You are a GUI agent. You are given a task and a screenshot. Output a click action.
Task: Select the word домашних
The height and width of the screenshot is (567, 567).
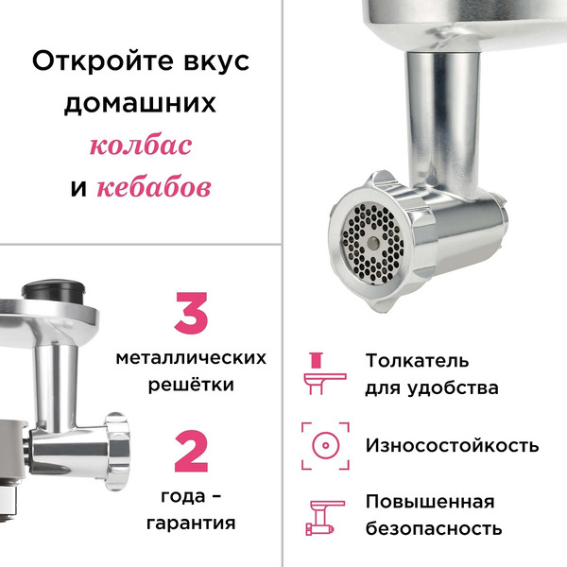[140, 103]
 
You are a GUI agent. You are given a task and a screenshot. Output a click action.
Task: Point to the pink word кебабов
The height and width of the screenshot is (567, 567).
[153, 187]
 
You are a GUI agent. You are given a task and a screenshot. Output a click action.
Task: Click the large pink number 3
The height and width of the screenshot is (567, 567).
[191, 315]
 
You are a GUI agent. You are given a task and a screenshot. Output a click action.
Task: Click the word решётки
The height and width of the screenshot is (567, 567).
[191, 386]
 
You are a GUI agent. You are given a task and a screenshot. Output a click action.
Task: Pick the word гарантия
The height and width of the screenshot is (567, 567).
[191, 522]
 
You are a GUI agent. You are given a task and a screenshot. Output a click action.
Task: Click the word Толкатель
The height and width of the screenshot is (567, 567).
[417, 360]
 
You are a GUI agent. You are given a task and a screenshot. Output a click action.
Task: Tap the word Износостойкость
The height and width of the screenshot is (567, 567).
[452, 444]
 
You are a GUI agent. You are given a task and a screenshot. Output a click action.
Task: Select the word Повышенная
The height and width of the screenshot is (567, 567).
[430, 501]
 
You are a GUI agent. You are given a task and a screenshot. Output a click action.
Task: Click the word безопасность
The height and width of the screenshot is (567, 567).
[434, 529]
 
